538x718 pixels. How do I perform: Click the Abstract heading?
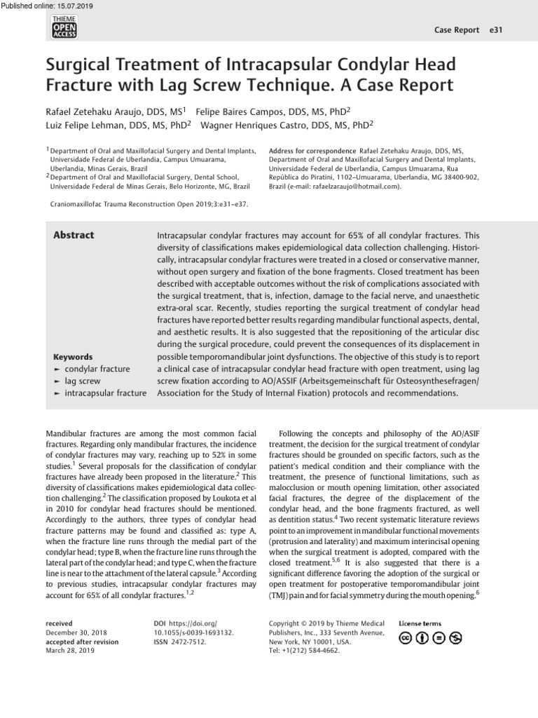click(x=74, y=236)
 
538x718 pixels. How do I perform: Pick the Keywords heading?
click(x=73, y=357)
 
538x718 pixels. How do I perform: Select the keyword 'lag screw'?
click(x=83, y=381)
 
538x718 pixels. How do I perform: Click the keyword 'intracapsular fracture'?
click(x=106, y=393)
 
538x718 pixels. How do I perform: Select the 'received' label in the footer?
click(x=59, y=623)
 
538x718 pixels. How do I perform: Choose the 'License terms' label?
click(x=420, y=623)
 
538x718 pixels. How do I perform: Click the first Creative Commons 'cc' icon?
click(x=406, y=637)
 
